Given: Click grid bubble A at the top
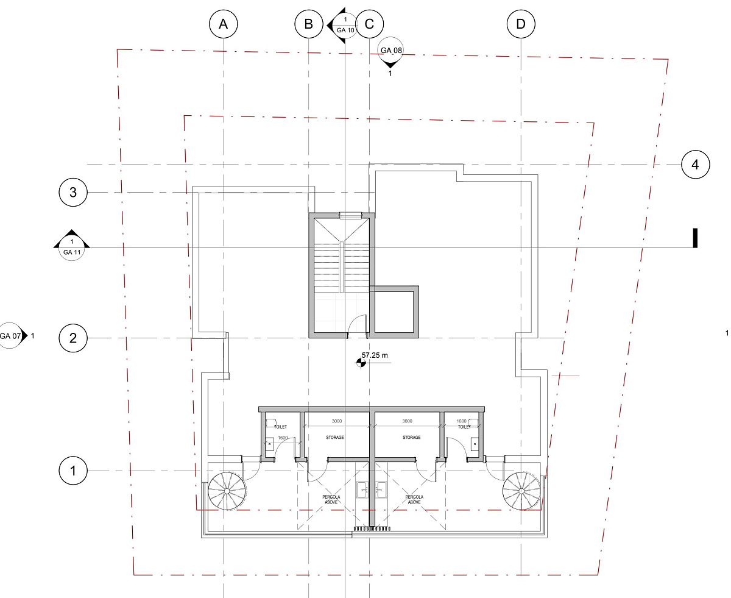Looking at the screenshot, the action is coord(223,24).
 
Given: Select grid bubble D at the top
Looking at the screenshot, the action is coord(521,24).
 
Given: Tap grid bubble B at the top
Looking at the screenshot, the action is coord(308,24).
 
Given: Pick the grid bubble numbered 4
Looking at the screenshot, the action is coord(695,165).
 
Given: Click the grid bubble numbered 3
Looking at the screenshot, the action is coord(72,192).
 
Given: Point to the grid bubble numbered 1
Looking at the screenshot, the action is coord(72,471).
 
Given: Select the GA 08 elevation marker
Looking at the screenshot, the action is coord(390,52).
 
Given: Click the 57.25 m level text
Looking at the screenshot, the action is coord(375,355).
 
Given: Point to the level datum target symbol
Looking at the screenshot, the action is coord(361,363).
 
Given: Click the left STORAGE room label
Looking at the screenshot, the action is coord(335,438).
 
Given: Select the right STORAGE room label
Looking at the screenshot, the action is coord(411,438).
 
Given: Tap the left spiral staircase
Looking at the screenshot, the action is coord(227,491).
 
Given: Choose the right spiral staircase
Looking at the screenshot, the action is coord(521,491).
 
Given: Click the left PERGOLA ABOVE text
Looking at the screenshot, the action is coord(331,499).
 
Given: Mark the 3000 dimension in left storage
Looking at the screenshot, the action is coord(336,421).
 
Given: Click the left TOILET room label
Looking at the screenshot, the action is coord(280,427).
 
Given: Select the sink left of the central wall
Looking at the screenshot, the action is coord(362,489).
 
